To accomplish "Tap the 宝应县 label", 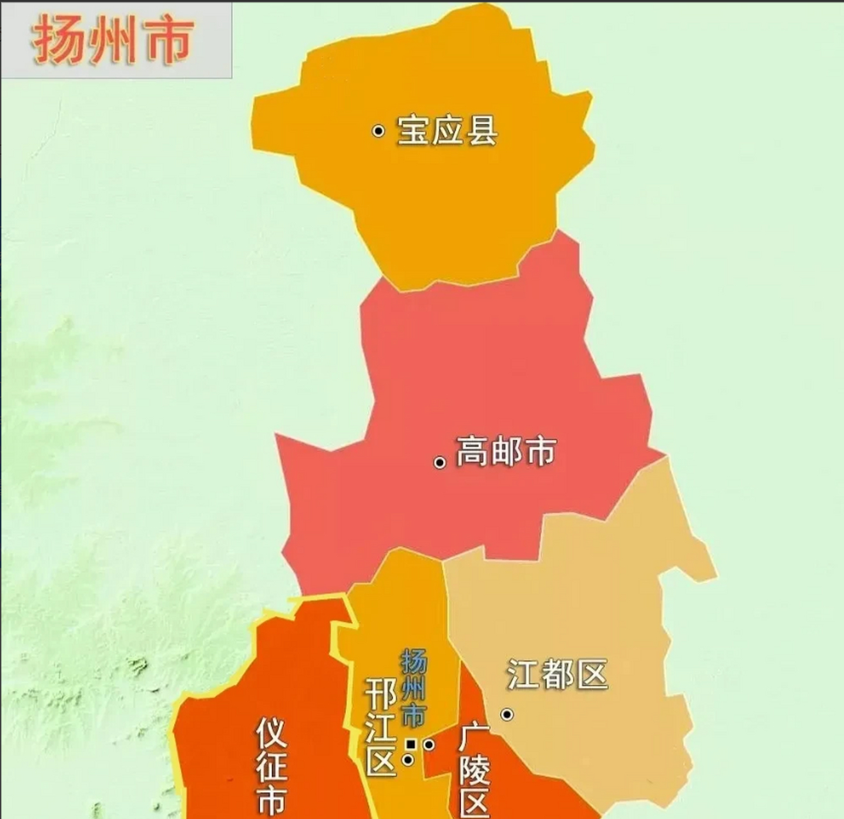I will click(447, 131).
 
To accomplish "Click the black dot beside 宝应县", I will click(379, 131).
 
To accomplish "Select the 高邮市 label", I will click(506, 451).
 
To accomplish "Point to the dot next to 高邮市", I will click(440, 462).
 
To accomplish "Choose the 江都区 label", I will click(557, 674).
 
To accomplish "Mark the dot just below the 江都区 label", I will click(507, 714).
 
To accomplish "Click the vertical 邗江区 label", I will click(381, 727).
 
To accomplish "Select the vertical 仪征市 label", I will click(272, 765).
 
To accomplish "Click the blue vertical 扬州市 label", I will click(413, 688).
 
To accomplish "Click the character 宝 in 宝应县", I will click(413, 131).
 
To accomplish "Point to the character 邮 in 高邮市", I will click(506, 451).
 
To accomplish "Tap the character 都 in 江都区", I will click(557, 674).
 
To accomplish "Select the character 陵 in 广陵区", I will click(475, 773).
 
